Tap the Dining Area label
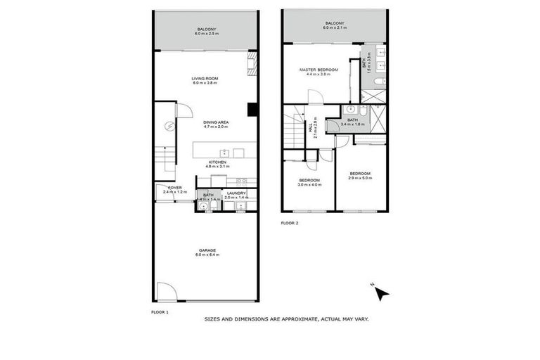coord(217,124)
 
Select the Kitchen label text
coord(217,165)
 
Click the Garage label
coord(207,252)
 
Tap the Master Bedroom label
coord(319,72)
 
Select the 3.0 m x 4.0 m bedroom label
coord(309,182)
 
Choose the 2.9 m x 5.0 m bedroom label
coord(360,176)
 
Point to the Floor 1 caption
coord(160,310)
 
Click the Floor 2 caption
coord(289,223)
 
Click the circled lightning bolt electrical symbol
coord(169,127)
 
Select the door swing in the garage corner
coord(166,291)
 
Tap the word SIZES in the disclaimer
coord(213,319)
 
